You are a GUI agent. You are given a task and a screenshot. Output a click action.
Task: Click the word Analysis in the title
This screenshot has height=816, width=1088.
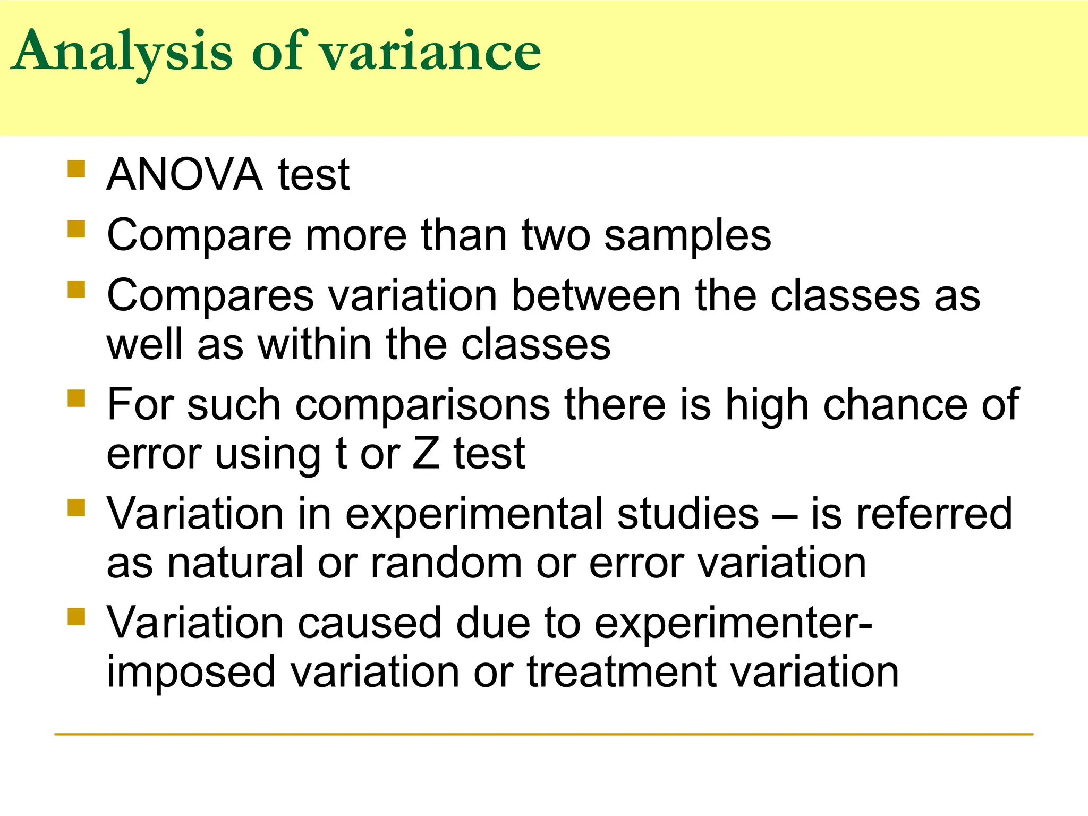pos(122,52)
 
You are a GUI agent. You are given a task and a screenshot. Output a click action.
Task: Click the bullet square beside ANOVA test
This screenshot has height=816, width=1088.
pos(76,168)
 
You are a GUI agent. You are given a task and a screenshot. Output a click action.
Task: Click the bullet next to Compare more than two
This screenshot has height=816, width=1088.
pos(76,229)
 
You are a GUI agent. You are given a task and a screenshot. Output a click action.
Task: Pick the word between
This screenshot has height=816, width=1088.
pos(596,295)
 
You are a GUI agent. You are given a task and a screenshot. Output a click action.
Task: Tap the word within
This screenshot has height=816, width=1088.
pos(315,344)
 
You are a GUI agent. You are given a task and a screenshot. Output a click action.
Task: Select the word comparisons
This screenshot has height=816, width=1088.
pos(422,405)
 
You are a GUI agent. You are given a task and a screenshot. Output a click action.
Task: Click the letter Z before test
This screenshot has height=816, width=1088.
pos(426,454)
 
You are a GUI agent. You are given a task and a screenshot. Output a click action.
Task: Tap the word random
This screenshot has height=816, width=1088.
pos(446,563)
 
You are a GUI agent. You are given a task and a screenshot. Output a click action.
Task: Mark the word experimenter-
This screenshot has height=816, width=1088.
pos(733,623)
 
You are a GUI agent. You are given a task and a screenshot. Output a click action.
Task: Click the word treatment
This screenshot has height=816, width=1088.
pos(622,672)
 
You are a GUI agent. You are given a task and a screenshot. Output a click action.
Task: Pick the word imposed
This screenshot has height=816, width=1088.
pos(191,672)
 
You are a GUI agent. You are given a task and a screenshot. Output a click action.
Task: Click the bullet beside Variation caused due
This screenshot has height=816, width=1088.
pos(76,617)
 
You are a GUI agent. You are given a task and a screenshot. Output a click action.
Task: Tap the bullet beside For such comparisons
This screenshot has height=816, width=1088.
pos(76,398)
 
